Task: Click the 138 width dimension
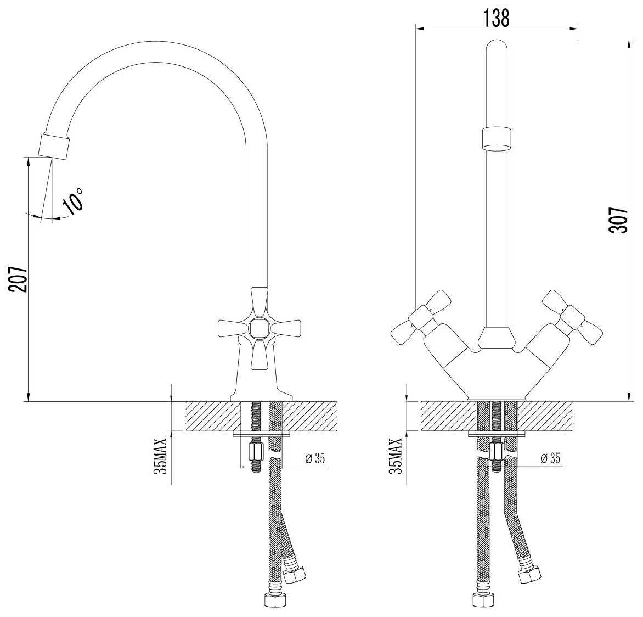pyautogui.click(x=496, y=18)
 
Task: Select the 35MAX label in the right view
pyautogui.click(x=396, y=456)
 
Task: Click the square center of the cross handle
pyautogui.click(x=257, y=329)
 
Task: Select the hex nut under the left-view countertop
pyautogui.click(x=256, y=453)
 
